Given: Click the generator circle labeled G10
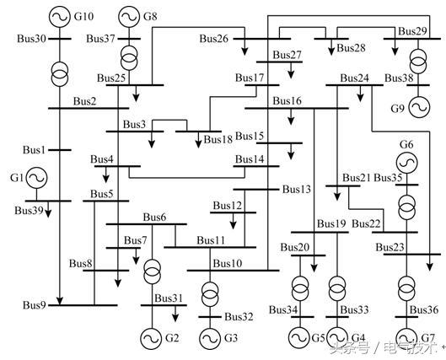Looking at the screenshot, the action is pyautogui.click(x=60, y=17).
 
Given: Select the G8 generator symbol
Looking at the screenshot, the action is pyautogui.click(x=129, y=17).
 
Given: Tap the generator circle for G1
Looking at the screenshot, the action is pyautogui.click(x=36, y=178).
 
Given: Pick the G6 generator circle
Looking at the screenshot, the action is pyautogui.click(x=406, y=163).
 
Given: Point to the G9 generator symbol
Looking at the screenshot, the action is pyautogui.click(x=419, y=107).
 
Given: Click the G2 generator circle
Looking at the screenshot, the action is pyautogui.click(x=152, y=338).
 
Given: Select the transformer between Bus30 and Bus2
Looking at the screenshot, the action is pyautogui.click(x=60, y=74).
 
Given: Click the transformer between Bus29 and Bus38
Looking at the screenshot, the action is pyautogui.click(x=418, y=62).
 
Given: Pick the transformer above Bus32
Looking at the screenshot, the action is pyautogui.click(x=210, y=294).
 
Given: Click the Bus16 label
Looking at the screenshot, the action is pyautogui.click(x=287, y=101).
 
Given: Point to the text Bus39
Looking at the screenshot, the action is pyautogui.click(x=29, y=211).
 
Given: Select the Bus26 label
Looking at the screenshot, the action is pyautogui.click(x=214, y=39).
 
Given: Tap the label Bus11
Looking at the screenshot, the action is pyautogui.click(x=211, y=240).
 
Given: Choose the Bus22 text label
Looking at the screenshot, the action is pyautogui.click(x=366, y=223).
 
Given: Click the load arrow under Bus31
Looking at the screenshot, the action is pyautogui.click(x=175, y=314).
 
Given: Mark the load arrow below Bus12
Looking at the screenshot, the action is pyautogui.click(x=234, y=221).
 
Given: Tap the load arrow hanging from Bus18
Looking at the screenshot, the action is pyautogui.click(x=198, y=140).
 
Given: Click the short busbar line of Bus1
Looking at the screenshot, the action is pyautogui.click(x=60, y=150).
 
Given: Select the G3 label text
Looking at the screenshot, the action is pyautogui.click(x=231, y=338).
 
